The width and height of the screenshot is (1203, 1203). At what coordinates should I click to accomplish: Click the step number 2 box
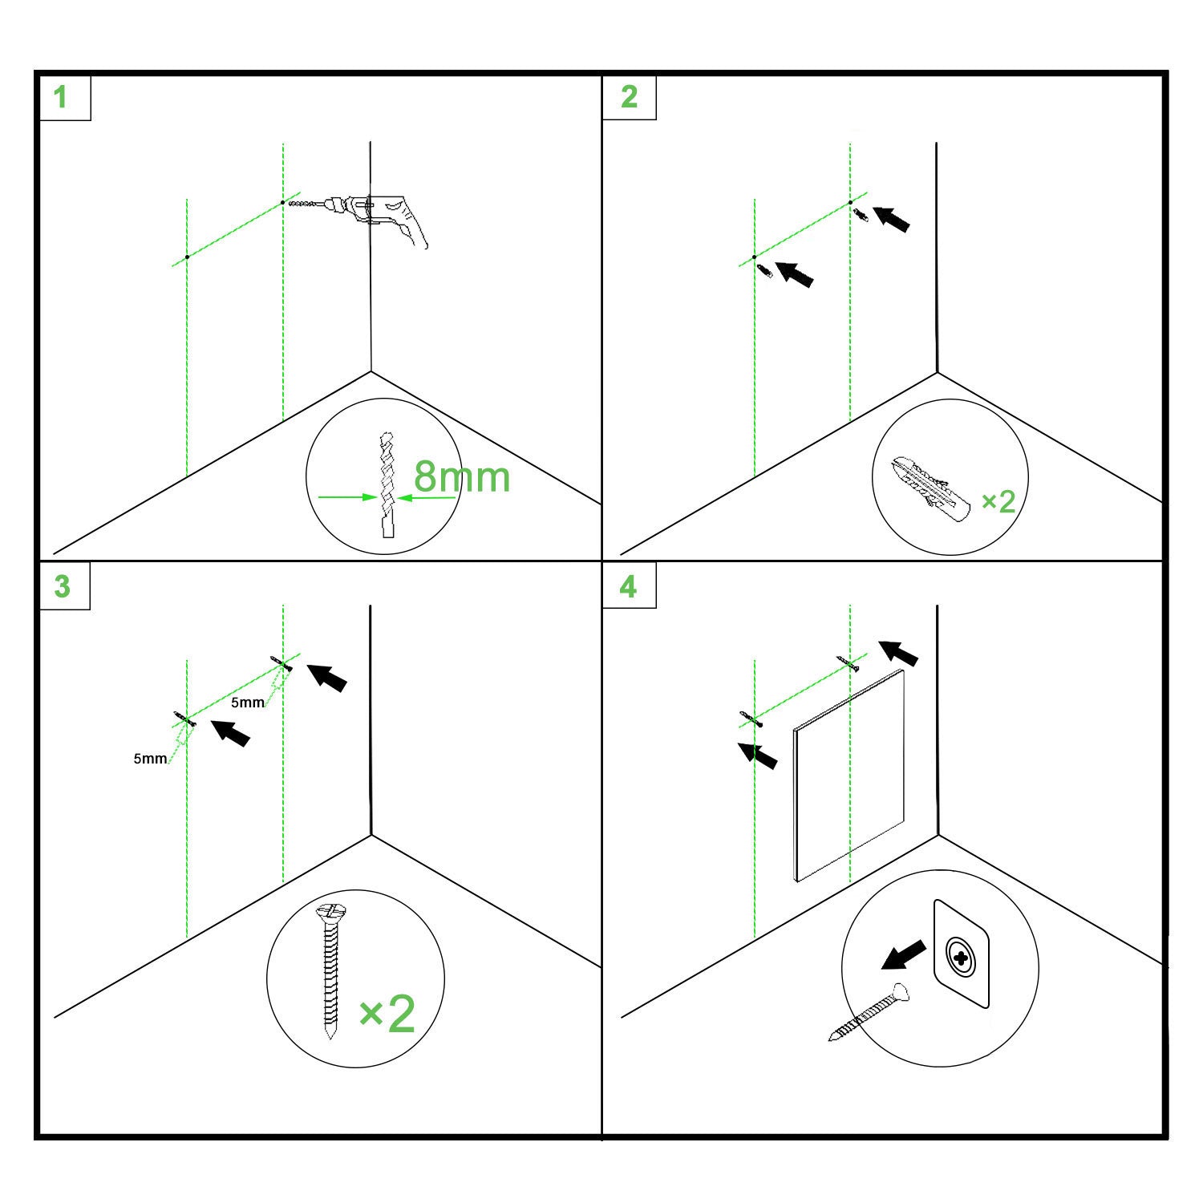tap(630, 98)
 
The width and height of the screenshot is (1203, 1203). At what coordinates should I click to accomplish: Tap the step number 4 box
tap(630, 586)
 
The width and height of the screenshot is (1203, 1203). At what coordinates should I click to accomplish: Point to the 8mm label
tap(462, 476)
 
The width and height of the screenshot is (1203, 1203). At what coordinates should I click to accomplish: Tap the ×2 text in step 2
tap(998, 501)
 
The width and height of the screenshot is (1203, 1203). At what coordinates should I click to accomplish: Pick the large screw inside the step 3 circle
tap(329, 971)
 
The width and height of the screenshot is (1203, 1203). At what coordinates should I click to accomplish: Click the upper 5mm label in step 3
tap(248, 703)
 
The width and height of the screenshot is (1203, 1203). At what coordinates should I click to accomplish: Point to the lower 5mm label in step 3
tap(150, 758)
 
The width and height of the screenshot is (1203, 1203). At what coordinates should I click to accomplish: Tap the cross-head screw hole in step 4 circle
tap(961, 955)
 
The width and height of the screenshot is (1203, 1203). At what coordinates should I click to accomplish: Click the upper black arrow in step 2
tap(891, 219)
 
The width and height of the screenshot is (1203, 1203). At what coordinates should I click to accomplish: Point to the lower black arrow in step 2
tap(796, 273)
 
